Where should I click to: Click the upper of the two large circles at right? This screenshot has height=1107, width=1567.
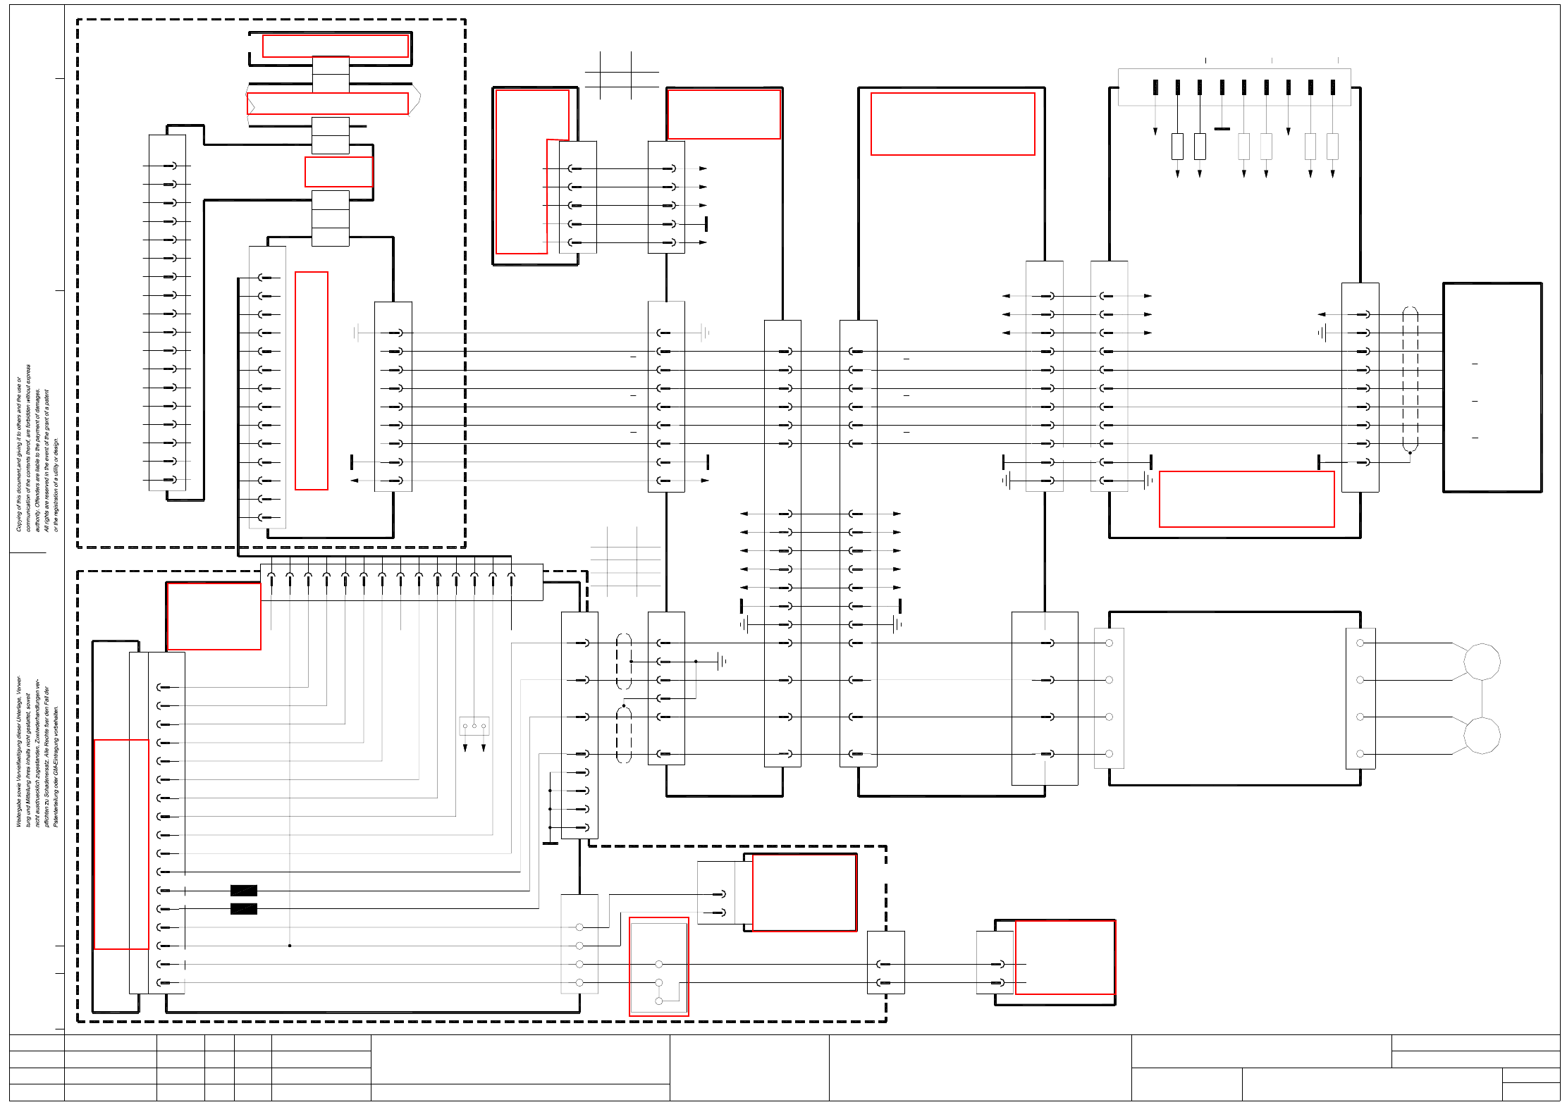(1482, 662)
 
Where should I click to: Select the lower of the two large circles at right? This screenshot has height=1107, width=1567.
(1482, 736)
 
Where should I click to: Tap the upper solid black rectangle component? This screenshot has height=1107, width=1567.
(244, 891)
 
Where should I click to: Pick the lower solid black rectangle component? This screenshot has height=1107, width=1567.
(244, 909)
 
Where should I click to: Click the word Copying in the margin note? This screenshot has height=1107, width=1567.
(19, 519)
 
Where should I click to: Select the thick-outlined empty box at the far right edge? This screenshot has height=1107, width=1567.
(1492, 388)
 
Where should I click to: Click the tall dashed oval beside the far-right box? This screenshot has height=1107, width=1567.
(1410, 379)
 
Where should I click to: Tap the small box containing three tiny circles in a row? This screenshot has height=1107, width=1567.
(474, 726)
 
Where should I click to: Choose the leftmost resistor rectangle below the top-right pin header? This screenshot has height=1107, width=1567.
(1177, 147)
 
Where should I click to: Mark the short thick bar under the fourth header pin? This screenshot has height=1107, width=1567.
(1222, 129)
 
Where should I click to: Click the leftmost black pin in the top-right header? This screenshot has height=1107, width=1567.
(1155, 87)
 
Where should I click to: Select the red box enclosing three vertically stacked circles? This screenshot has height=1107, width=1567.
(658, 967)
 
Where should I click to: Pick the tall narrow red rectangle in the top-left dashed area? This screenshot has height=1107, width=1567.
(312, 381)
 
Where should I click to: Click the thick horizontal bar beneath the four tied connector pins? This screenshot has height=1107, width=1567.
(551, 843)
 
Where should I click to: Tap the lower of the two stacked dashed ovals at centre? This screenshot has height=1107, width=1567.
(624, 735)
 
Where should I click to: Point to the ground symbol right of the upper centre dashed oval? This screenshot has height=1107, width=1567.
(721, 661)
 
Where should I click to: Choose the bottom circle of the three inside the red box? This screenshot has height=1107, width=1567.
(659, 1001)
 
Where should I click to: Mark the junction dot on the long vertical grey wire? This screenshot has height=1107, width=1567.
(290, 946)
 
